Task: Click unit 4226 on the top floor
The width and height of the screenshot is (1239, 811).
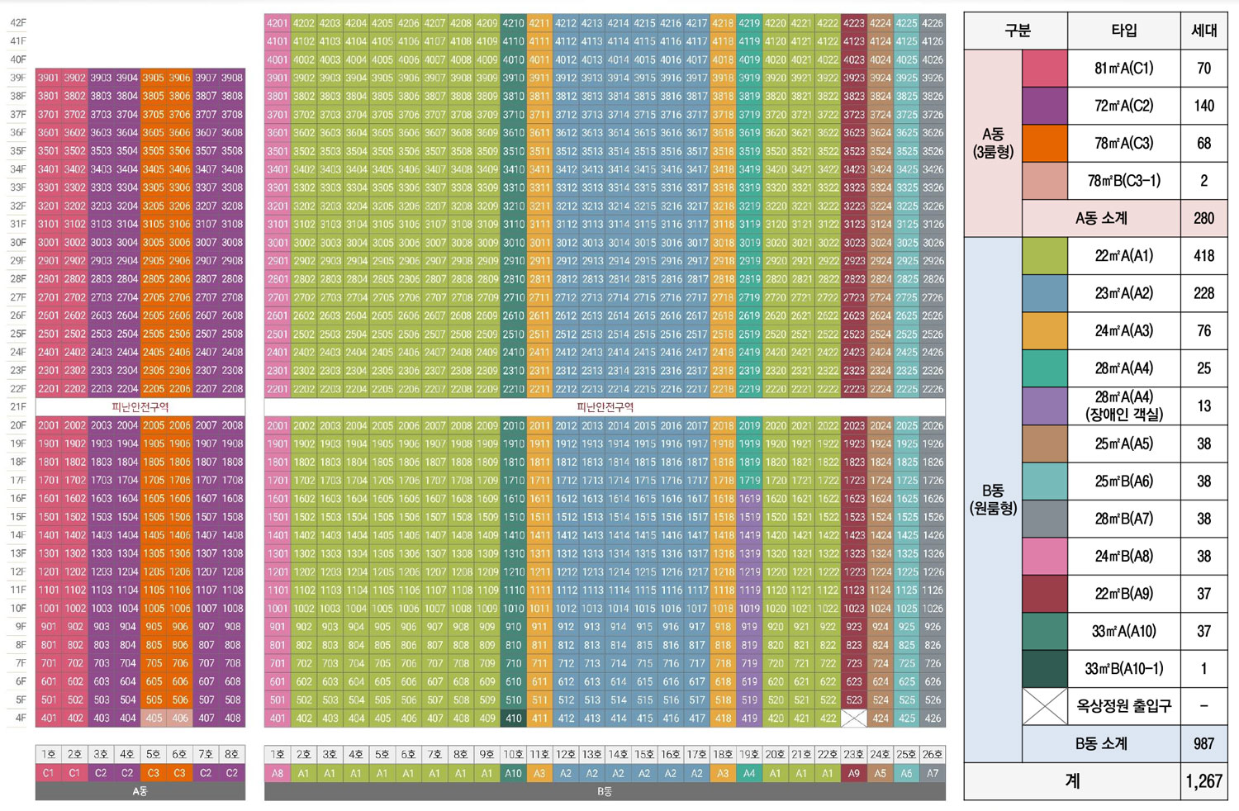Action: click(933, 23)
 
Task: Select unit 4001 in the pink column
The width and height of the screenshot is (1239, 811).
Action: click(278, 59)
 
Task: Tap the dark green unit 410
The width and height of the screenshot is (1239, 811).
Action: click(514, 719)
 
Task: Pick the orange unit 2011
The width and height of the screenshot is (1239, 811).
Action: click(539, 426)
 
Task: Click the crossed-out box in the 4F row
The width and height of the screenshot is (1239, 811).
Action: click(854, 719)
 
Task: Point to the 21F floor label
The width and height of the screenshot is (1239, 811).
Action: click(18, 407)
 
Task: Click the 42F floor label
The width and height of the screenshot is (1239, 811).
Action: click(18, 23)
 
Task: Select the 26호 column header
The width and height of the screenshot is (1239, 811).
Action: click(933, 755)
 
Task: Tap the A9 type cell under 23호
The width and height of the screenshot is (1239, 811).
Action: click(854, 774)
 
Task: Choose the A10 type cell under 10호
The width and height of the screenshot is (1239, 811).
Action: click(514, 774)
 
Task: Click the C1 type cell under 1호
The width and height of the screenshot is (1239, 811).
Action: click(49, 774)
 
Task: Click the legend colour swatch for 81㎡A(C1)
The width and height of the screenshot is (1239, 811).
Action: click(1045, 69)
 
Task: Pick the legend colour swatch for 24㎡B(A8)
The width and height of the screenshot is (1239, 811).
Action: click(1045, 557)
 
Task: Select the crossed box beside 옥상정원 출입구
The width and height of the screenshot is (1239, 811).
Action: click(1045, 707)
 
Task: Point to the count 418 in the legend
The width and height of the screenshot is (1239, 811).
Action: click(1203, 256)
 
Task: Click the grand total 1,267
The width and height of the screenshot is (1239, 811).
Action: click(1203, 781)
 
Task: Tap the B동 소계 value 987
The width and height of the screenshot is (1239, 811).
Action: click(1203, 744)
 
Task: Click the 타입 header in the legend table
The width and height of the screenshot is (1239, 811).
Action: click(1123, 31)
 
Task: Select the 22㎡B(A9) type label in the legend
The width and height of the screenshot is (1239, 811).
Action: click(1123, 594)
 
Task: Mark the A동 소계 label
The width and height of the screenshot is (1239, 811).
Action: click(1101, 219)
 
